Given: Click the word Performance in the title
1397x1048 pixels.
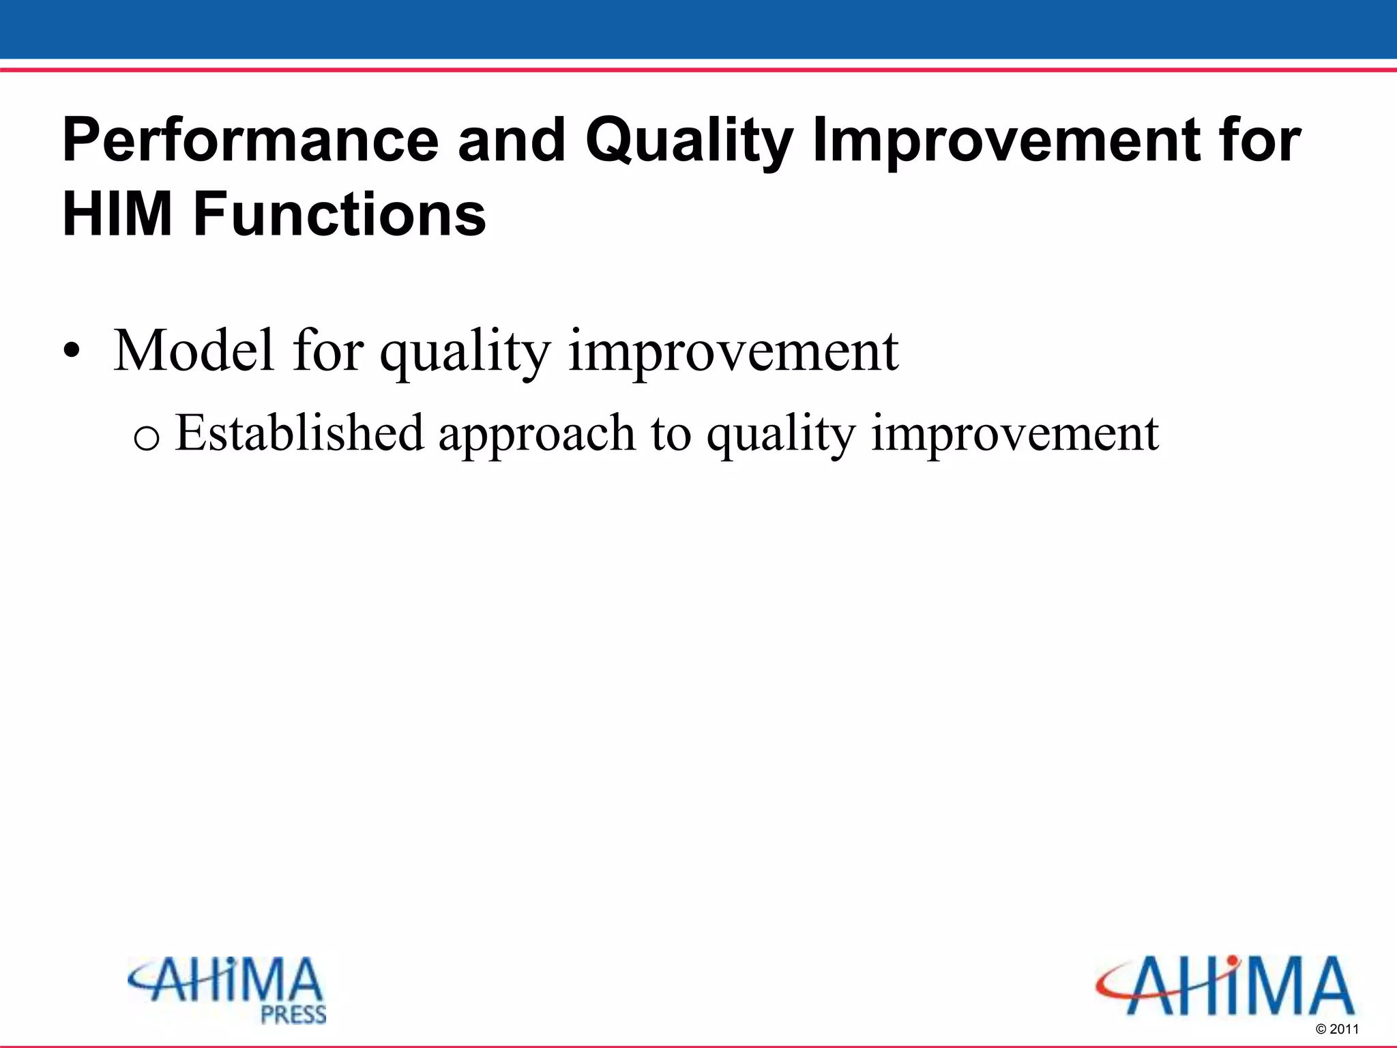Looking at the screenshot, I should tap(250, 141).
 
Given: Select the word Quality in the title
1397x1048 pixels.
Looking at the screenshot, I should tap(689, 142).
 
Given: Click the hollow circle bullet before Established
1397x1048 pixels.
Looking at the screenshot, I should tap(147, 437).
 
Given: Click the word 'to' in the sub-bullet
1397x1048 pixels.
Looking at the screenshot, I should tap(671, 434).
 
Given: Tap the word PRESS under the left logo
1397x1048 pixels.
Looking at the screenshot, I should tap(293, 1015).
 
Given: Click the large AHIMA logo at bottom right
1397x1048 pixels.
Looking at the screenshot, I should tap(1224, 986).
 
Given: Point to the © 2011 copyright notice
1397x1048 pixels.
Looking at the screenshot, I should tap(1337, 1029).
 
